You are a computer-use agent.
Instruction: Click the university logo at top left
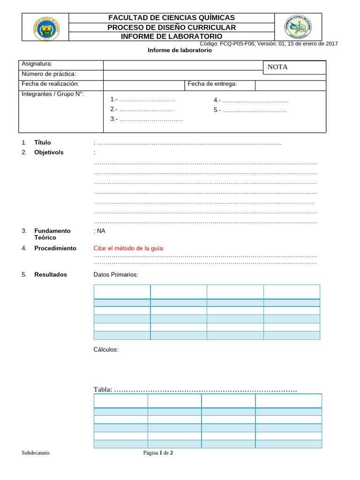pos(45,27)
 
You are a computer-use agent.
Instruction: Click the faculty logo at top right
pos(298,27)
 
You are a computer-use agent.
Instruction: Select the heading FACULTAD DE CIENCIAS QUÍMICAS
pos(172,17)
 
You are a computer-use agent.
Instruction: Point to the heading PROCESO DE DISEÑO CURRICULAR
pos(172,27)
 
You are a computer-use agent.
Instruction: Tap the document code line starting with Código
pos(269,44)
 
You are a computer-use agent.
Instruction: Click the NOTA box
pos(294,67)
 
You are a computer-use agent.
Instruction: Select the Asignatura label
pos(37,64)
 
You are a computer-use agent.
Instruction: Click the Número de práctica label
pos(49,74)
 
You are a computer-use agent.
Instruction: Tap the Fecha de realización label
pos(50,84)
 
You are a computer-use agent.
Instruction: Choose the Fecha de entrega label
pos(212,84)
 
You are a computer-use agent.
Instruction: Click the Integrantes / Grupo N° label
pos(52,94)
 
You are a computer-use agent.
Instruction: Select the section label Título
pos(43,142)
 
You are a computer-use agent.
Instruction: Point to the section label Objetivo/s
pos(49,152)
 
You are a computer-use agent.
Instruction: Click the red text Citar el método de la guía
pos(129,248)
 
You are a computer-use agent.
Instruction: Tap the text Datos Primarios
pos(116,275)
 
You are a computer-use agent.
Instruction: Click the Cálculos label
pos(106,350)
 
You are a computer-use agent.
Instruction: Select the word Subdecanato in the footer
pos(36,453)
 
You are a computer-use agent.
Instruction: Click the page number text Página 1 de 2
pos(158,453)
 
